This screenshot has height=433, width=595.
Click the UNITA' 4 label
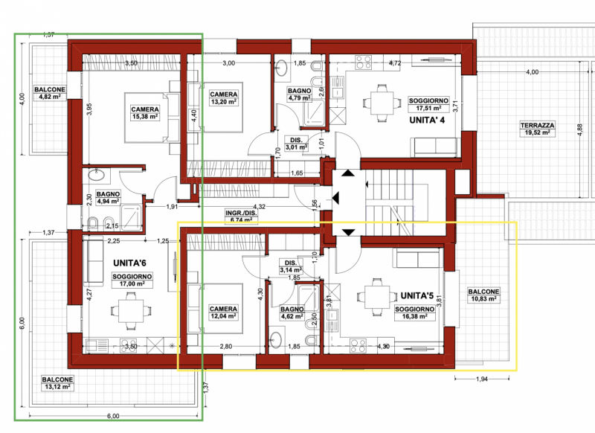[427, 121]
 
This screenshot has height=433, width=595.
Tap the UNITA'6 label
[129, 263]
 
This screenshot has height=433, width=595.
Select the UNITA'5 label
[417, 295]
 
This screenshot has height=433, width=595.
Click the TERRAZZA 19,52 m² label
[537, 129]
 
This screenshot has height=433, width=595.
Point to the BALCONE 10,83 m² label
[483, 295]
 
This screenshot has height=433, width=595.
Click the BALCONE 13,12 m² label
[58, 383]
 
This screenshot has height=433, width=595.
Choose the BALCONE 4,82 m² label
[50, 93]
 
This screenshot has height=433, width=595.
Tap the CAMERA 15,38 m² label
[145, 113]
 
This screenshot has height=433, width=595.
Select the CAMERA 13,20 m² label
[224, 98]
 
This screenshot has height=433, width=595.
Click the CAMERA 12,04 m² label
[224, 312]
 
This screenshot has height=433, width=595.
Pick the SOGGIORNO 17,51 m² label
[428, 104]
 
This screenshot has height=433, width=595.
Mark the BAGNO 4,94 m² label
[108, 198]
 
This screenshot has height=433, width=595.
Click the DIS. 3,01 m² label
[296, 144]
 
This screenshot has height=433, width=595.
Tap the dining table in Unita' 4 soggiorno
[382, 103]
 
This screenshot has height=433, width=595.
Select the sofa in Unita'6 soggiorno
[93, 261]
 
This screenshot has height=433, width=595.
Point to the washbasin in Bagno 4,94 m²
[97, 176]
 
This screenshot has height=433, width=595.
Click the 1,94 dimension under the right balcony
[481, 379]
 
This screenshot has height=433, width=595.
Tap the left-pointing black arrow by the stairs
[336, 198]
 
